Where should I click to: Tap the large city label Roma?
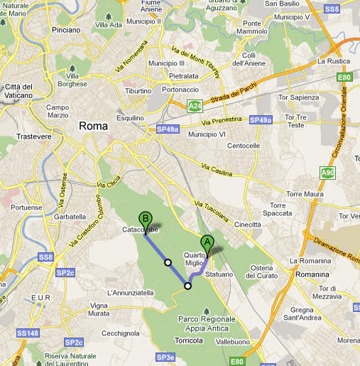[x=94, y=126]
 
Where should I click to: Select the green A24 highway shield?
[x=194, y=106]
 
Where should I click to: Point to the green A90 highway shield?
[x=327, y=173]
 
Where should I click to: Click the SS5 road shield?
[x=332, y=9]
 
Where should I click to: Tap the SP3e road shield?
[x=165, y=357]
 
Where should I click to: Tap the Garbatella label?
[x=69, y=216]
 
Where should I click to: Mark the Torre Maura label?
[x=305, y=193]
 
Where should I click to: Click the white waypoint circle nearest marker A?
[x=187, y=286]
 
